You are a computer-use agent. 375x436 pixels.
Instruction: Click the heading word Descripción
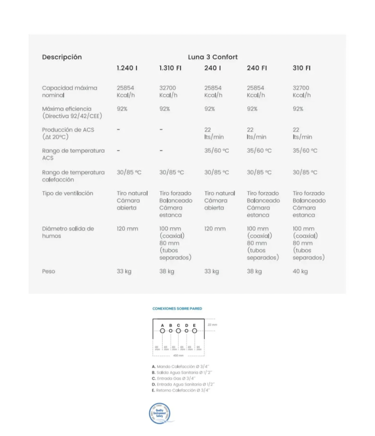(62, 57)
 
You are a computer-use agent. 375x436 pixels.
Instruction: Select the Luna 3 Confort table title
(213, 57)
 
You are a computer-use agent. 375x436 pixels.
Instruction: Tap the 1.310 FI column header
(170, 68)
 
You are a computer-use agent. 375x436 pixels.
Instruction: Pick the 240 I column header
(213, 68)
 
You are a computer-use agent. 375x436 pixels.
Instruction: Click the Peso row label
(49, 271)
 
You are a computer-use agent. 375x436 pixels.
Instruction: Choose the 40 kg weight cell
(300, 271)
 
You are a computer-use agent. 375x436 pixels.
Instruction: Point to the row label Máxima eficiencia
(67, 109)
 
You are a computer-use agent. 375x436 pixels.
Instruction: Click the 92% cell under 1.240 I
(122, 109)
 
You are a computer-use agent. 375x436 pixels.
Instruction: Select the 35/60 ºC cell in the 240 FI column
(259, 151)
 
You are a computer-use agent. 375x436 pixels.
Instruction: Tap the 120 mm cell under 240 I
(215, 229)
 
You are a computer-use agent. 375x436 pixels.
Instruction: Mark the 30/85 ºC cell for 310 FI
(305, 173)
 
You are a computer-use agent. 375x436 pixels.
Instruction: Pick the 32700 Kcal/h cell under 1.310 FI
(169, 91)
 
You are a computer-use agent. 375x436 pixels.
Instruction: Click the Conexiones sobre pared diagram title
(177, 309)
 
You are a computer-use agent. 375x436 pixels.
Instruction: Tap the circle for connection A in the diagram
(162, 331)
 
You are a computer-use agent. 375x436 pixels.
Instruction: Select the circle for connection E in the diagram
(194, 331)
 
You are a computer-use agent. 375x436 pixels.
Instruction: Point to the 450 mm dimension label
(178, 355)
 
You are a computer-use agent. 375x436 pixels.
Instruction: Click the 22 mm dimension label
(212, 324)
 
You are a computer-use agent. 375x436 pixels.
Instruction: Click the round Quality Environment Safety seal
(159, 413)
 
